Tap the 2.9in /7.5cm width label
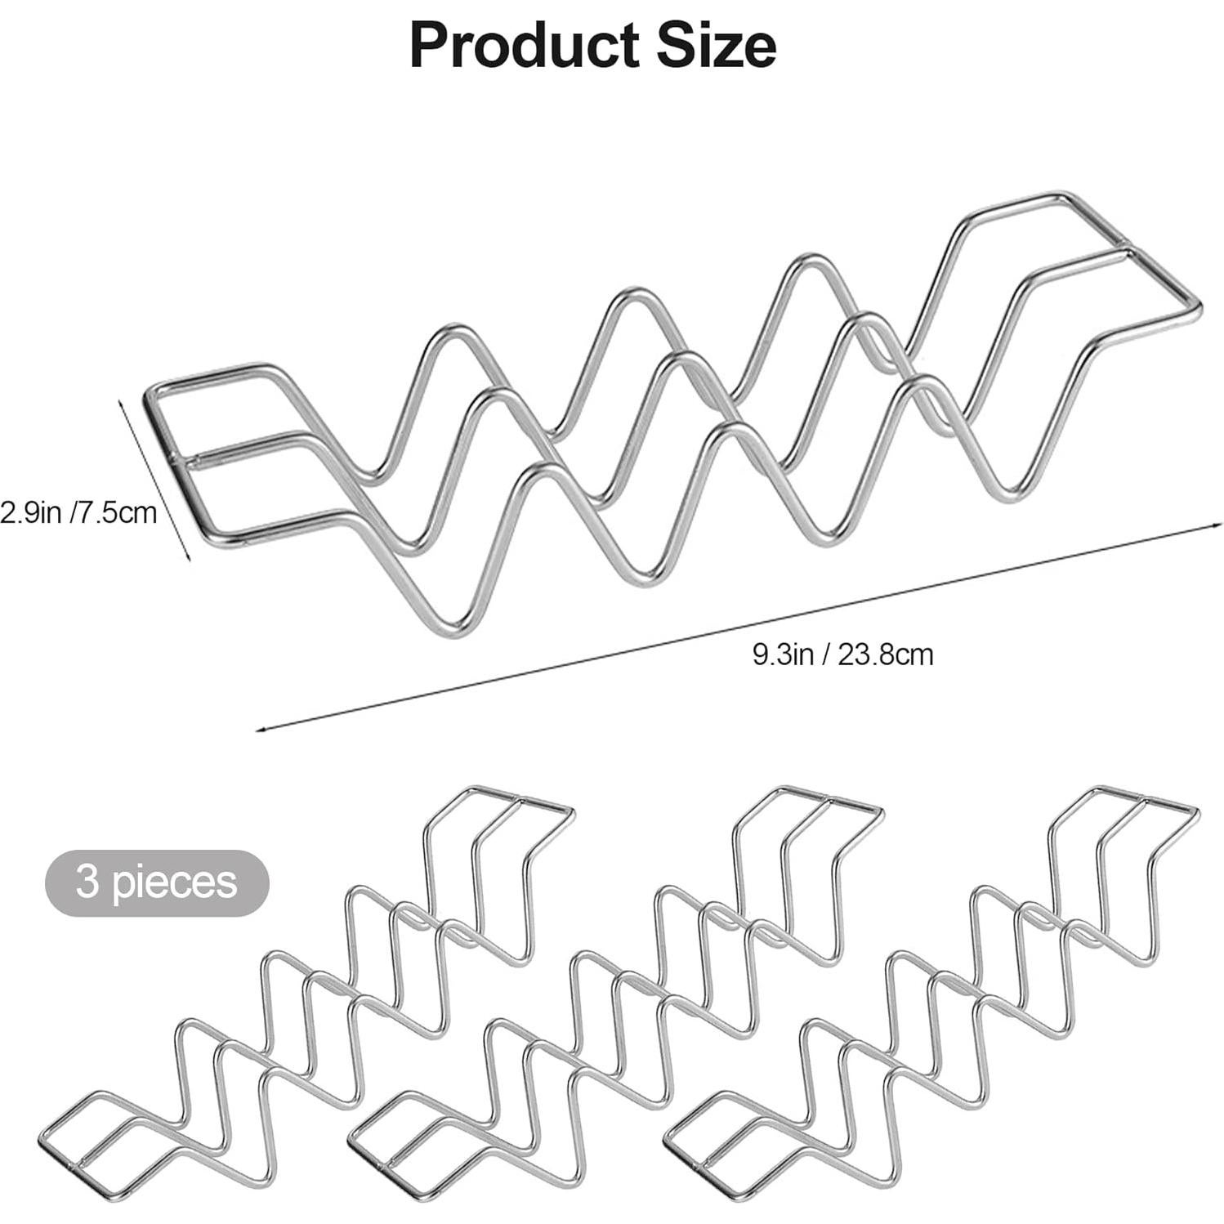pyautogui.click(x=78, y=513)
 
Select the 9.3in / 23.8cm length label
pyautogui.click(x=842, y=654)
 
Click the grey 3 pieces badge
pyautogui.click(x=156, y=882)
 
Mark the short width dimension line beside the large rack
pyautogui.click(x=155, y=480)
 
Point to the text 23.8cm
pyautogui.click(x=891, y=654)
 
